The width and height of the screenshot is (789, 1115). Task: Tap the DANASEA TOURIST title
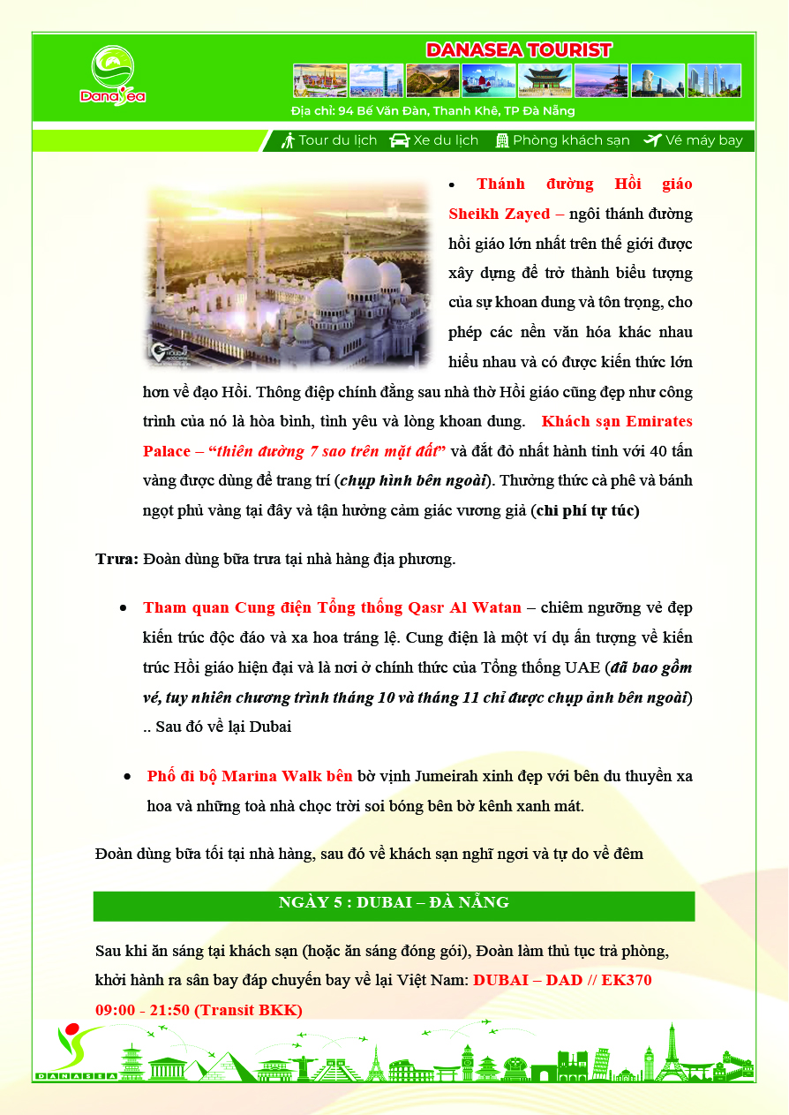point(518,50)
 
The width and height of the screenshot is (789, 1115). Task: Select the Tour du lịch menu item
point(329,140)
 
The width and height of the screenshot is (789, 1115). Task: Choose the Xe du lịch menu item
point(435,140)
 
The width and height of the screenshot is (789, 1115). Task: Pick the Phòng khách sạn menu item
point(562,140)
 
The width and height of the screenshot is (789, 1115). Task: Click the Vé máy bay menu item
point(694,140)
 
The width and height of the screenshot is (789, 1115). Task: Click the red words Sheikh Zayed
point(499,214)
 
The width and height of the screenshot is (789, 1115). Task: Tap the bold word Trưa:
point(116,559)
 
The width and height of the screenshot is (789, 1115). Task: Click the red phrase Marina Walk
point(273,777)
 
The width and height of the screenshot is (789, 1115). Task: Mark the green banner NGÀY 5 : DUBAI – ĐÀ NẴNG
point(394,902)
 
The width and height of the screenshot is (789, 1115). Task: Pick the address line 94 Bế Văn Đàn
point(432,111)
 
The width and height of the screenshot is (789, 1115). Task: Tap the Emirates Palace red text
point(618,421)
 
